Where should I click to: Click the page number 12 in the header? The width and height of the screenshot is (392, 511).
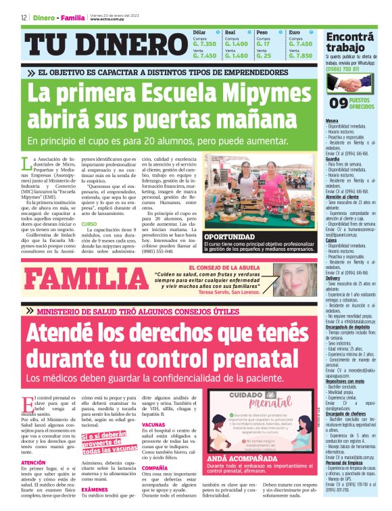pyautogui.click(x=24, y=18)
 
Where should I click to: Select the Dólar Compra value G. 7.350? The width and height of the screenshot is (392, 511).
pyautogui.click(x=205, y=43)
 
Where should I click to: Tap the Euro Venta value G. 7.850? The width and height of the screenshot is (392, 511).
pyautogui.click(x=300, y=55)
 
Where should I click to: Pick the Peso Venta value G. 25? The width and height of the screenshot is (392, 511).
pyautogui.click(x=264, y=55)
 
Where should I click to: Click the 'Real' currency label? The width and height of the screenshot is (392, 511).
pyautogui.click(x=230, y=32)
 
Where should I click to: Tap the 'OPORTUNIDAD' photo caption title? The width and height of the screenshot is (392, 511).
pyautogui.click(x=234, y=237)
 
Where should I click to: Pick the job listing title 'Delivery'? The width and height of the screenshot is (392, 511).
pyautogui.click(x=333, y=277)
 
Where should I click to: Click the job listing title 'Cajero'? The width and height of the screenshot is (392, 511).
pyautogui.click(x=332, y=240)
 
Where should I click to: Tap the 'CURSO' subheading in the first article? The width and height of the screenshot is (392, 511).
pyautogui.click(x=89, y=224)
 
